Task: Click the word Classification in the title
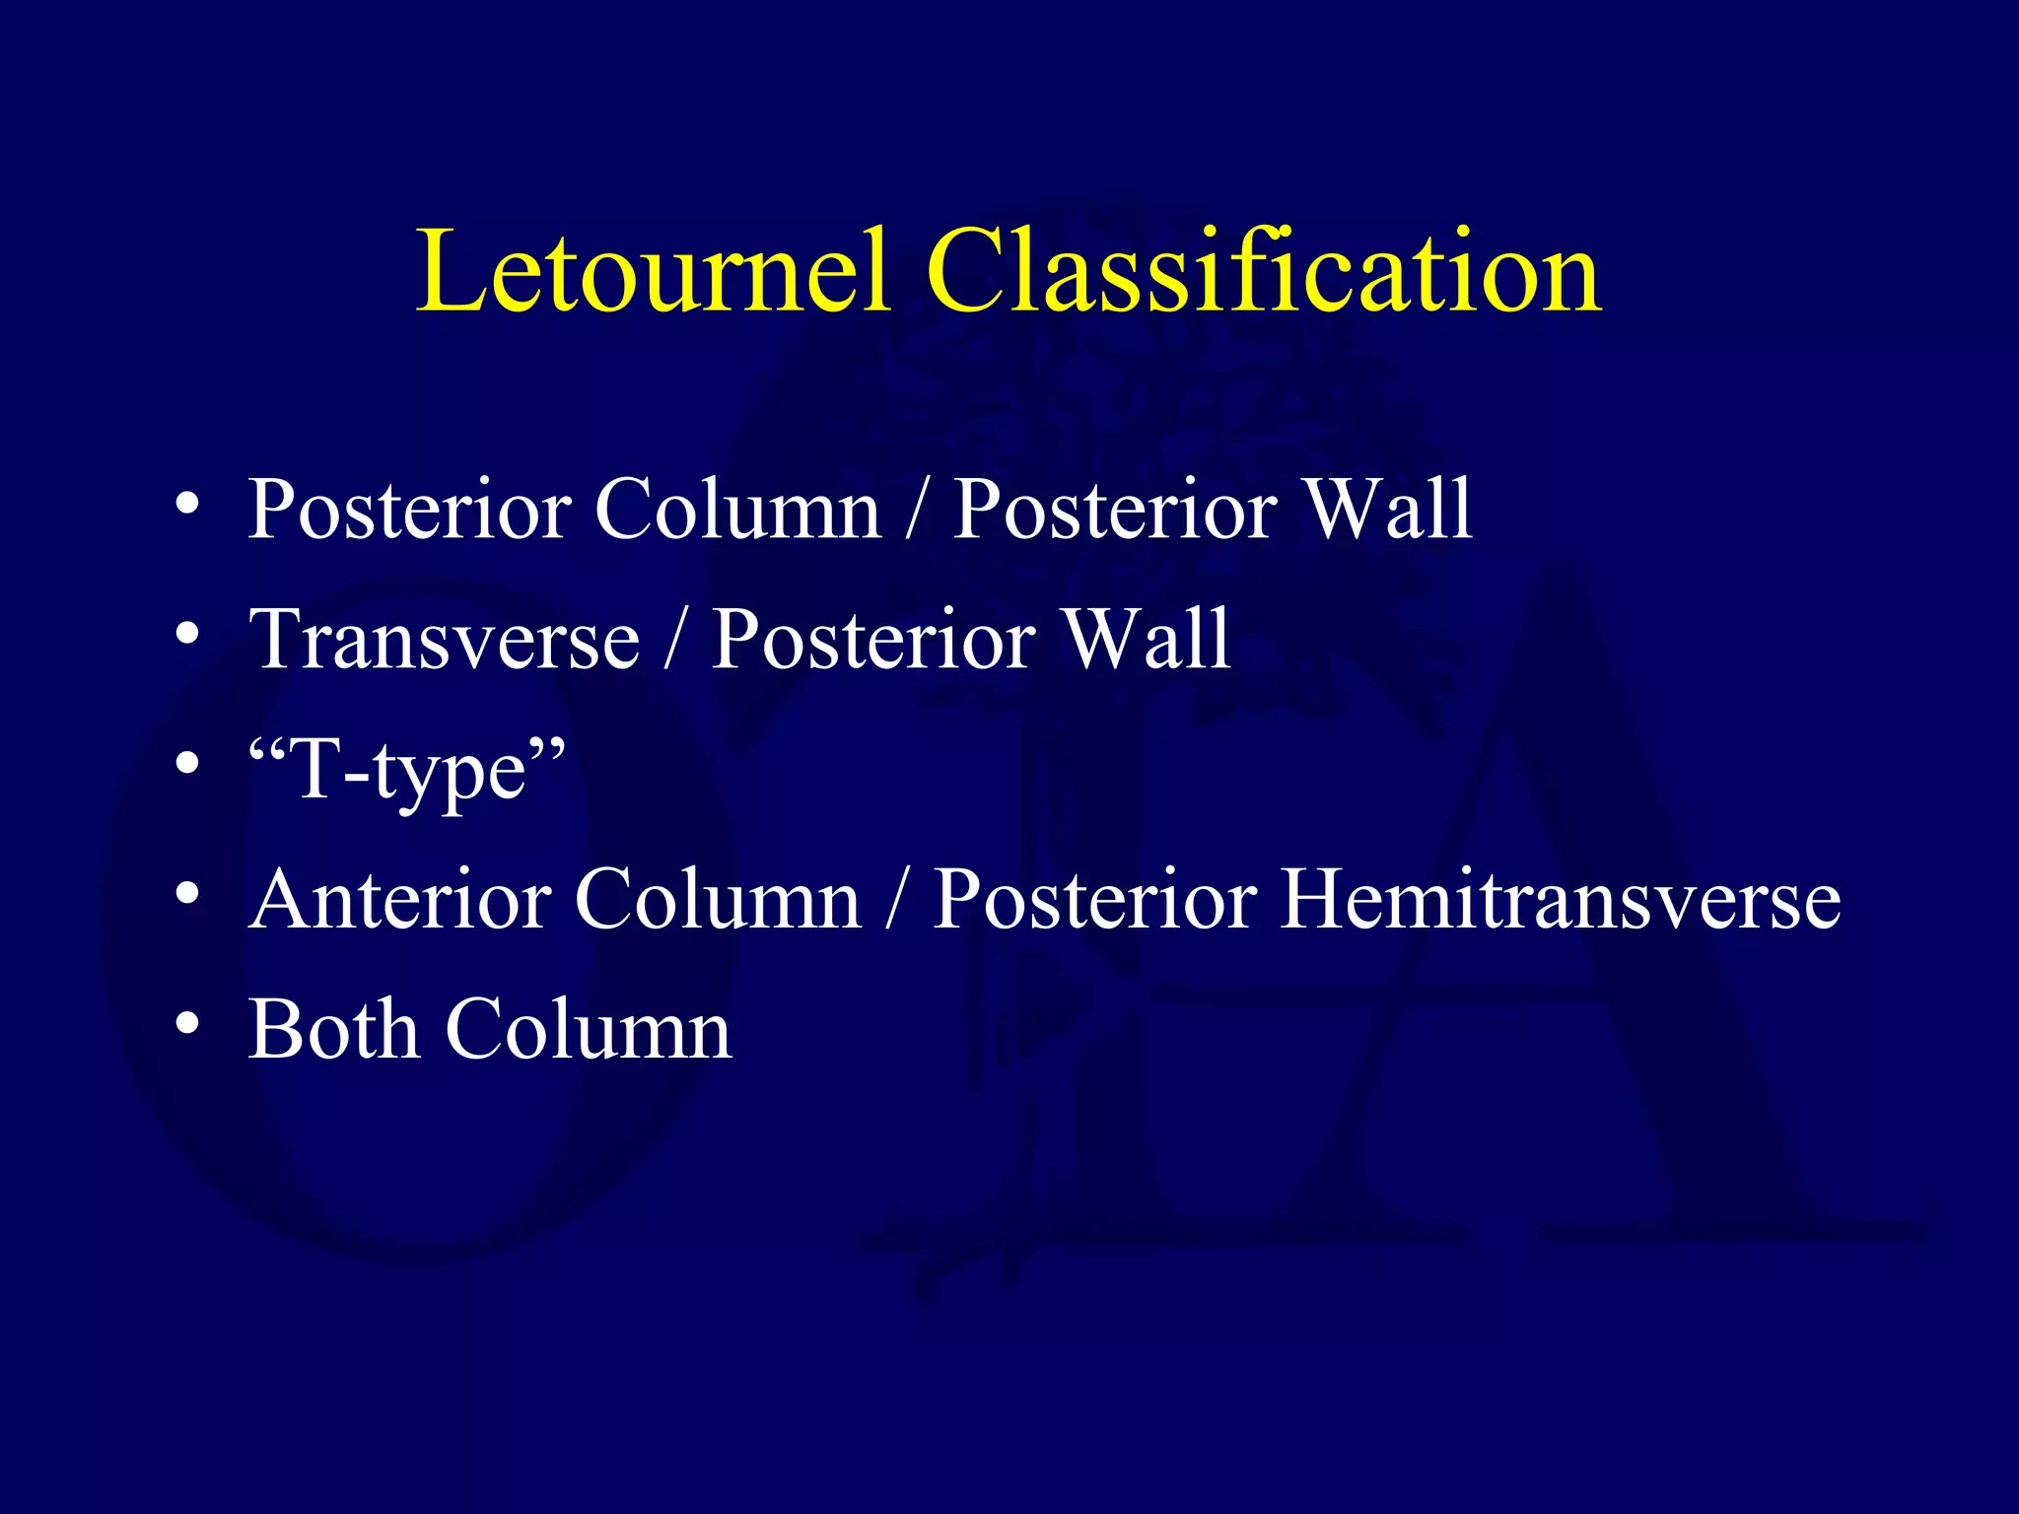tap(1264, 271)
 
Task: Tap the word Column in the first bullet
tap(737, 510)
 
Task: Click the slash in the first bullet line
tap(917, 510)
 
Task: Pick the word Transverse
tap(445, 640)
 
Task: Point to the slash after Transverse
tap(675, 640)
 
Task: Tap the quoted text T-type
tap(407, 772)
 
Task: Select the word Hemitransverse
tap(1560, 900)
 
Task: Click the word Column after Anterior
tap(718, 900)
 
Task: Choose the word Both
tap(334, 1030)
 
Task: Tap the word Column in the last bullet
tap(589, 1030)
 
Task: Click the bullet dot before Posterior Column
tap(187, 505)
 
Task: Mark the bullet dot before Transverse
tap(187, 635)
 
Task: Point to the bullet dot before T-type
tap(187, 765)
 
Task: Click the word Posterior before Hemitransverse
tap(1094, 900)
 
